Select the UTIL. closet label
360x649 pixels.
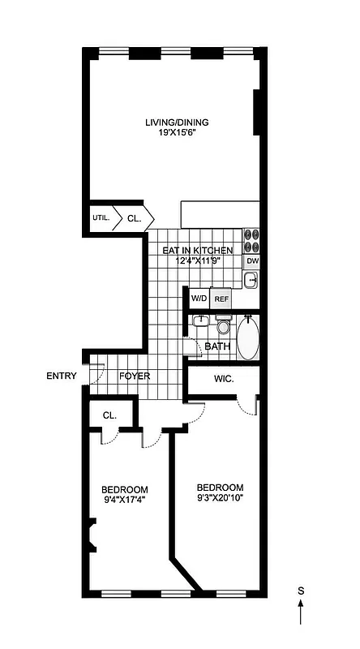(x=101, y=217)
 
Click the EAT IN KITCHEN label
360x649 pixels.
(x=198, y=251)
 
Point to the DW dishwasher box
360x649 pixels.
(x=252, y=261)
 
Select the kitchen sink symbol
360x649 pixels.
(x=251, y=281)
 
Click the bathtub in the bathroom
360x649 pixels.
(x=247, y=340)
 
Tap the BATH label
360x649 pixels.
(x=217, y=347)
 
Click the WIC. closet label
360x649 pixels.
(x=225, y=379)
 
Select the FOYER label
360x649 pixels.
(x=135, y=376)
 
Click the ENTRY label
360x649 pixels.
(x=62, y=376)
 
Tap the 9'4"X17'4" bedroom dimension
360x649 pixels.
(x=124, y=500)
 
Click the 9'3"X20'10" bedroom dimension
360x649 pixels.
(x=221, y=497)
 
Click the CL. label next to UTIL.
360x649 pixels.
(x=135, y=217)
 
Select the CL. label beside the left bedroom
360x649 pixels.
(x=109, y=415)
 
